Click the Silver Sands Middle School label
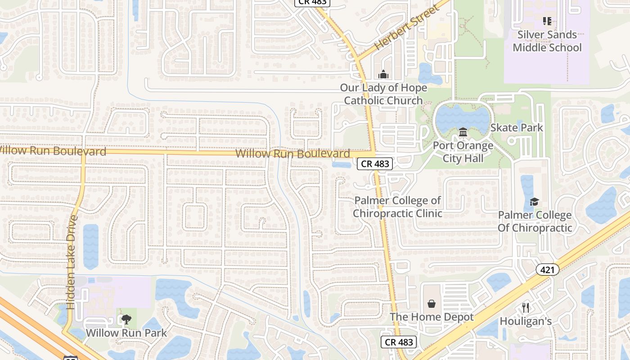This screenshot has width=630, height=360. click(x=547, y=41)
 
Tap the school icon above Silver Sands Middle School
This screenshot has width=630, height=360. click(x=547, y=21)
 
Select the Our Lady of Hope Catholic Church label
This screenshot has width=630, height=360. click(x=383, y=94)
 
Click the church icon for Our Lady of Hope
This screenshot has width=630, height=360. click(x=383, y=74)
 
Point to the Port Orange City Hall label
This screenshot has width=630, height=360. click(x=463, y=152)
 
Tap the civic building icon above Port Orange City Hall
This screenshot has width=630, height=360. click(x=463, y=132)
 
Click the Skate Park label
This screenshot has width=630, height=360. click(x=517, y=128)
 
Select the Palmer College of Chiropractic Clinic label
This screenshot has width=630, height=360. click(x=398, y=207)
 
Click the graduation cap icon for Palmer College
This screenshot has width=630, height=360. click(x=534, y=202)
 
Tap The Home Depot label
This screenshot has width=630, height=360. click(x=432, y=317)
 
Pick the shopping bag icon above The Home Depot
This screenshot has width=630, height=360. click(x=432, y=304)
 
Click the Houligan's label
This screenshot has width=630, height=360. click(x=526, y=321)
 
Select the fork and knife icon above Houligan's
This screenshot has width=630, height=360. click(x=526, y=308)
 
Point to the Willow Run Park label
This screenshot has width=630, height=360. click(x=126, y=333)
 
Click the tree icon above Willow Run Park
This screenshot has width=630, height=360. click(x=126, y=319)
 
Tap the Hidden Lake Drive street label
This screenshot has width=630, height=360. click(x=72, y=262)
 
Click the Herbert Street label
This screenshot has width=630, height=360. click(x=406, y=28)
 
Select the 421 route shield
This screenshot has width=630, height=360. click(x=547, y=270)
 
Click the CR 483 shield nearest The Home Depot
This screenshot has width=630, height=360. click(x=399, y=342)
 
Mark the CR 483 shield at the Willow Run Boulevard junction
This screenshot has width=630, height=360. click(x=375, y=164)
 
